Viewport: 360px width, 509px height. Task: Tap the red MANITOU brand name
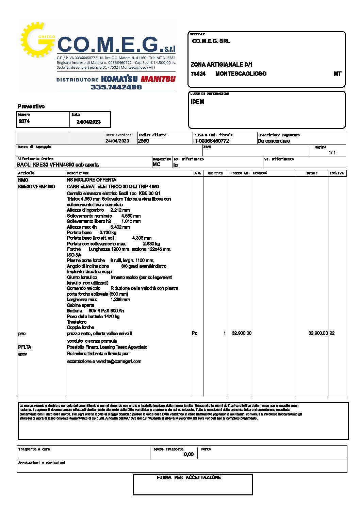(158, 79)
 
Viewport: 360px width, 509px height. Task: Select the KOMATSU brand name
(119, 79)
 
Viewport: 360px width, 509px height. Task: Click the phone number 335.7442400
(116, 87)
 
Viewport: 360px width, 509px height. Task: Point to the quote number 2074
(24, 121)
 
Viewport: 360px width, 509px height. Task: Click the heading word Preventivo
(31, 106)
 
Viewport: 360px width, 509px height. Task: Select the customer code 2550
(144, 141)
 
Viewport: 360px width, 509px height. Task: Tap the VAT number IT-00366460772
(211, 141)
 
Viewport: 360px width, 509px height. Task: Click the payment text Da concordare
(274, 141)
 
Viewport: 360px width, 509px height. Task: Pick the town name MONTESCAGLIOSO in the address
(241, 74)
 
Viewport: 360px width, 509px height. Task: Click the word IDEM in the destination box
(197, 102)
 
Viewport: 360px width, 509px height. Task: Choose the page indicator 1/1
(332, 153)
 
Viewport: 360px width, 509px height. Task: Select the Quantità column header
(215, 173)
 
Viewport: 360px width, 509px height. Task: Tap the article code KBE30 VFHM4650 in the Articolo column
(36, 187)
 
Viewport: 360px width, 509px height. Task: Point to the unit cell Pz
(194, 333)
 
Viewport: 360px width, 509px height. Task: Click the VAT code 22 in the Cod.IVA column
(332, 333)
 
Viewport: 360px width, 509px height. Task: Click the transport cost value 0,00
(189, 454)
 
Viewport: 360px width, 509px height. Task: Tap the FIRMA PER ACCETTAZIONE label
(189, 477)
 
